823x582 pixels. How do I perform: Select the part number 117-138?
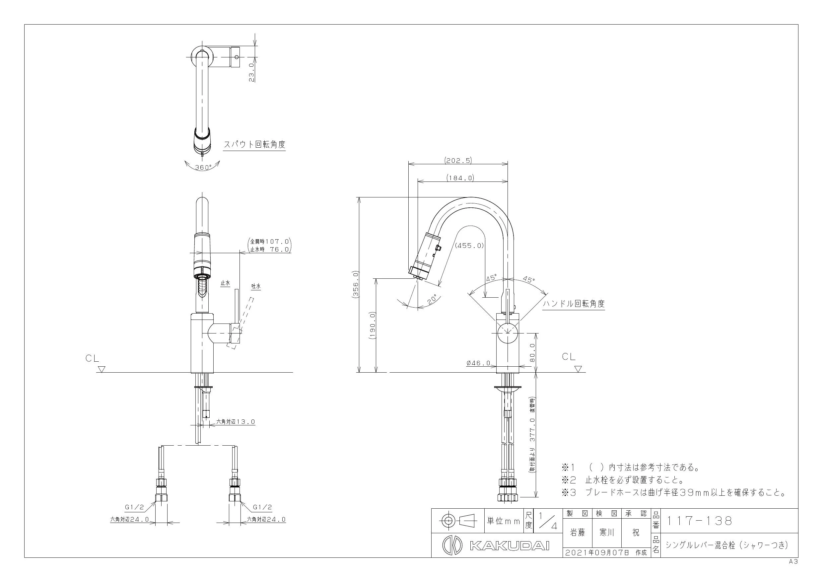pyautogui.click(x=699, y=521)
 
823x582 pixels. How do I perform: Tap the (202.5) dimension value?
pyautogui.click(x=458, y=161)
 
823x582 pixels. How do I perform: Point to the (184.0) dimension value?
pyautogui.click(x=460, y=178)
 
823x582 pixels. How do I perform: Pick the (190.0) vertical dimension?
pyautogui.click(x=373, y=326)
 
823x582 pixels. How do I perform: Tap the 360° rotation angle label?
pyautogui.click(x=203, y=167)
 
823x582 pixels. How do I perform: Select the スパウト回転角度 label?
pyautogui.click(x=254, y=145)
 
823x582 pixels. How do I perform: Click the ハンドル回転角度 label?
pyautogui.click(x=574, y=304)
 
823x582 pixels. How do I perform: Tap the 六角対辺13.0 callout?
pyautogui.click(x=236, y=422)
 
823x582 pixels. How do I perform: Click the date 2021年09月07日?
pyautogui.click(x=597, y=552)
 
